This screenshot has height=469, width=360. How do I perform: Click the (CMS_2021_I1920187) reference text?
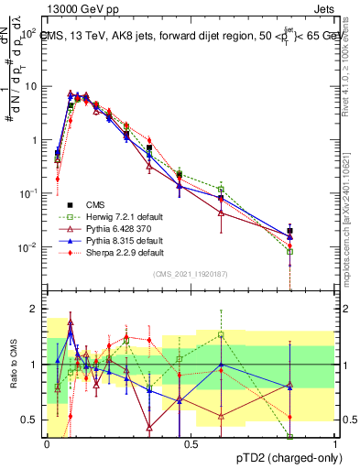click(190, 273)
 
